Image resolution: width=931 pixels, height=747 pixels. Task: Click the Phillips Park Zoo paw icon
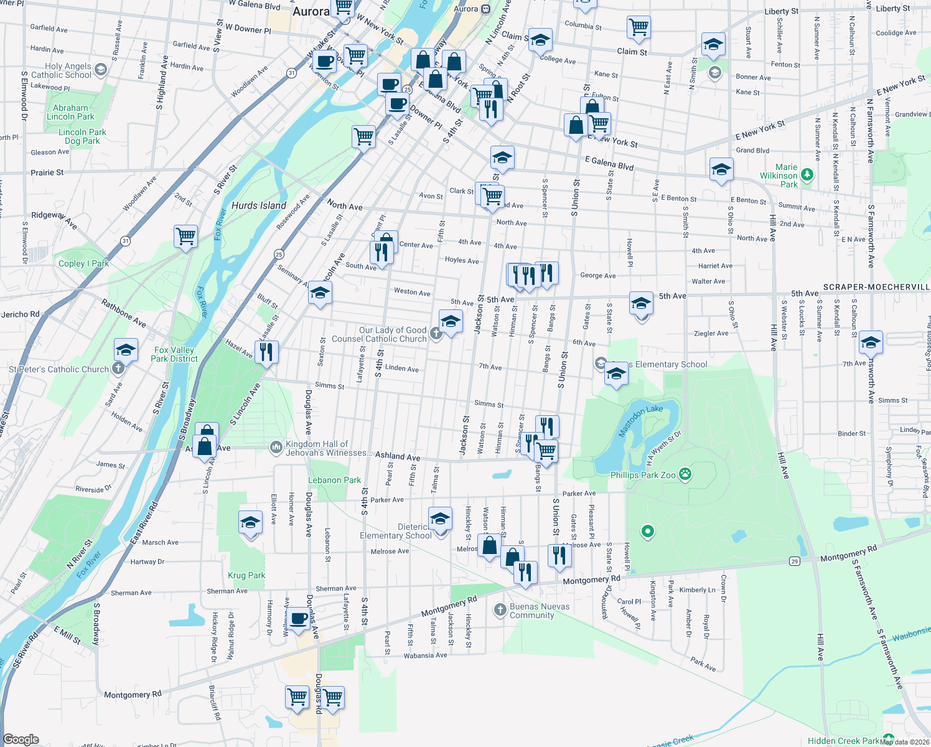tap(685, 475)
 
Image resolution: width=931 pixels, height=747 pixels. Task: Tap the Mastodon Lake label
tap(640, 421)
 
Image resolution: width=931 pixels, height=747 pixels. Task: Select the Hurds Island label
tap(259, 205)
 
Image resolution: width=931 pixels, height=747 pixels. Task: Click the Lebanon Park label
tap(334, 480)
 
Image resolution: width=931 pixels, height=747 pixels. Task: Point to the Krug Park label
tap(246, 575)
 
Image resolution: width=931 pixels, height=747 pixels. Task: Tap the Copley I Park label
tap(83, 263)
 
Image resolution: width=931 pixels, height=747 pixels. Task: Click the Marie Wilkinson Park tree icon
tap(807, 175)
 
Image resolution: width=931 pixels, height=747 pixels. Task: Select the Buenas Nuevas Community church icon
tap(500, 610)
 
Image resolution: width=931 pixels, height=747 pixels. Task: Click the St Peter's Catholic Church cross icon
tap(118, 369)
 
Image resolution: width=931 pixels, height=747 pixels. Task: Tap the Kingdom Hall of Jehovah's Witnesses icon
tap(276, 448)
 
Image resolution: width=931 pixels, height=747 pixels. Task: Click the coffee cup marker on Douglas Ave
tap(299, 619)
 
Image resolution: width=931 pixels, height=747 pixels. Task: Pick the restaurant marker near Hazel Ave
tap(266, 352)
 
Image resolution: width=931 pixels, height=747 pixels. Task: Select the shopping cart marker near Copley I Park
tap(185, 237)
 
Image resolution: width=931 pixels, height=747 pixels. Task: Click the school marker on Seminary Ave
tap(319, 293)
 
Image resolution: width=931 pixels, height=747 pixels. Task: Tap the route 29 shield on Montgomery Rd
tap(794, 561)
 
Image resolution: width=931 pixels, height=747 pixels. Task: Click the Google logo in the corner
tap(21, 740)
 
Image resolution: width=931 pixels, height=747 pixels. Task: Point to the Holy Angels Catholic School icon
tap(101, 70)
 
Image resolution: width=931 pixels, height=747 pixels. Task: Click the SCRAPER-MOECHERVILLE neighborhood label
tap(876, 287)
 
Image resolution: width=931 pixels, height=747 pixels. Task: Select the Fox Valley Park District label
tap(174, 354)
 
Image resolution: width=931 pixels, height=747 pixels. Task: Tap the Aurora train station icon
tap(486, 9)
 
